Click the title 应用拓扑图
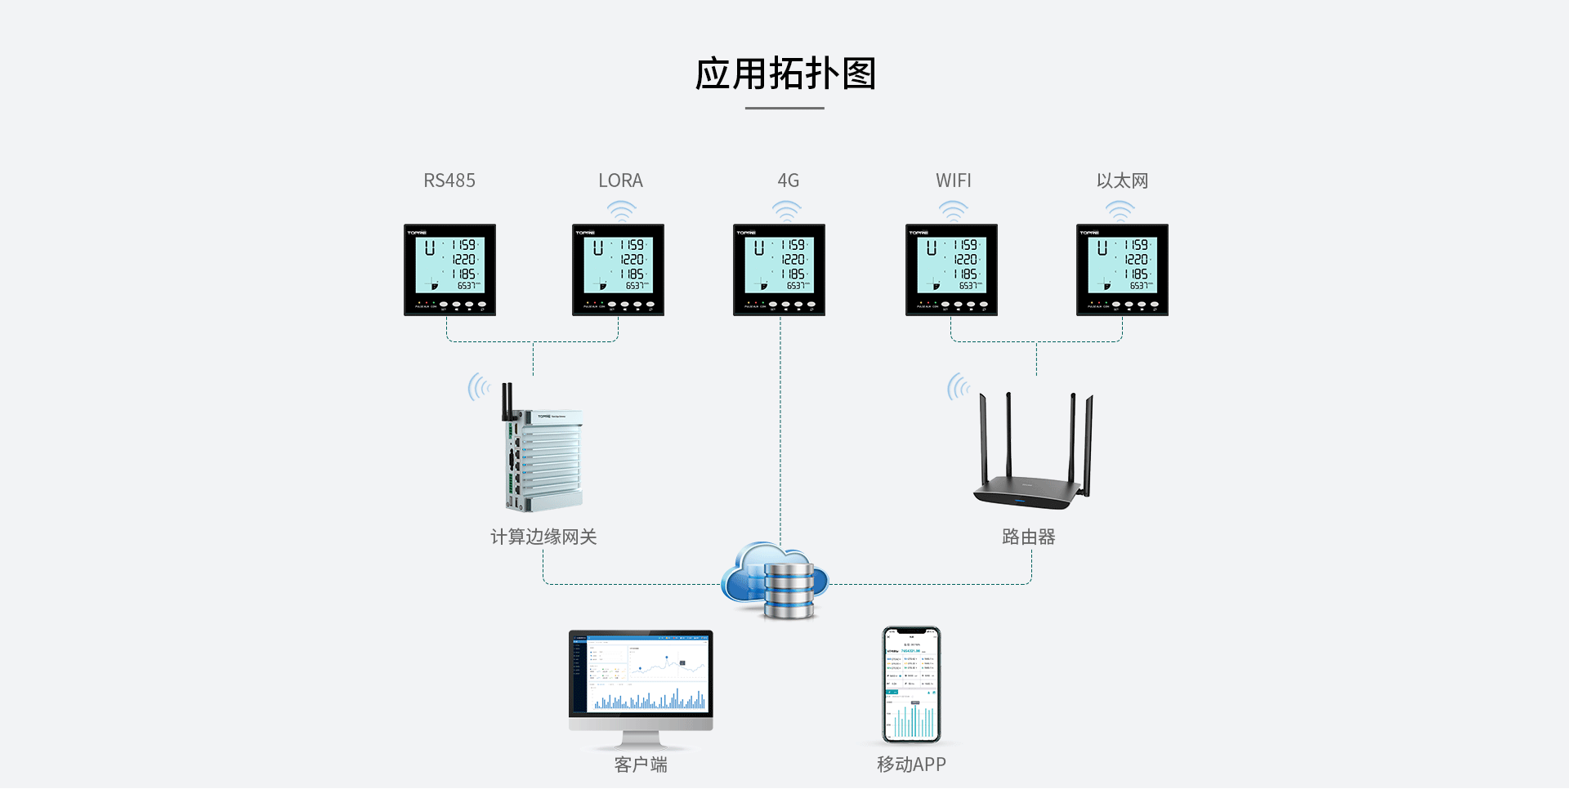[x=784, y=74]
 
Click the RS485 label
[x=449, y=181]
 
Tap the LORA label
[x=620, y=181]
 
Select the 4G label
[x=788, y=181]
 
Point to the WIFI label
[x=953, y=181]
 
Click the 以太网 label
[x=1122, y=181]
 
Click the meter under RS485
[x=449, y=270]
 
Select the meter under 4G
[x=779, y=270]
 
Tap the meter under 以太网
[x=1122, y=270]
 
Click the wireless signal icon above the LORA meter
[x=621, y=211]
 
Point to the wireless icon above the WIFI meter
[x=953, y=211]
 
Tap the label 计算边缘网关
[x=543, y=537]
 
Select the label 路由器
[x=1028, y=537]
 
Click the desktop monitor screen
[x=641, y=675]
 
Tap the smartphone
[x=911, y=684]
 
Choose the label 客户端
[x=641, y=764]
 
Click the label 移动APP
[x=911, y=764]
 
